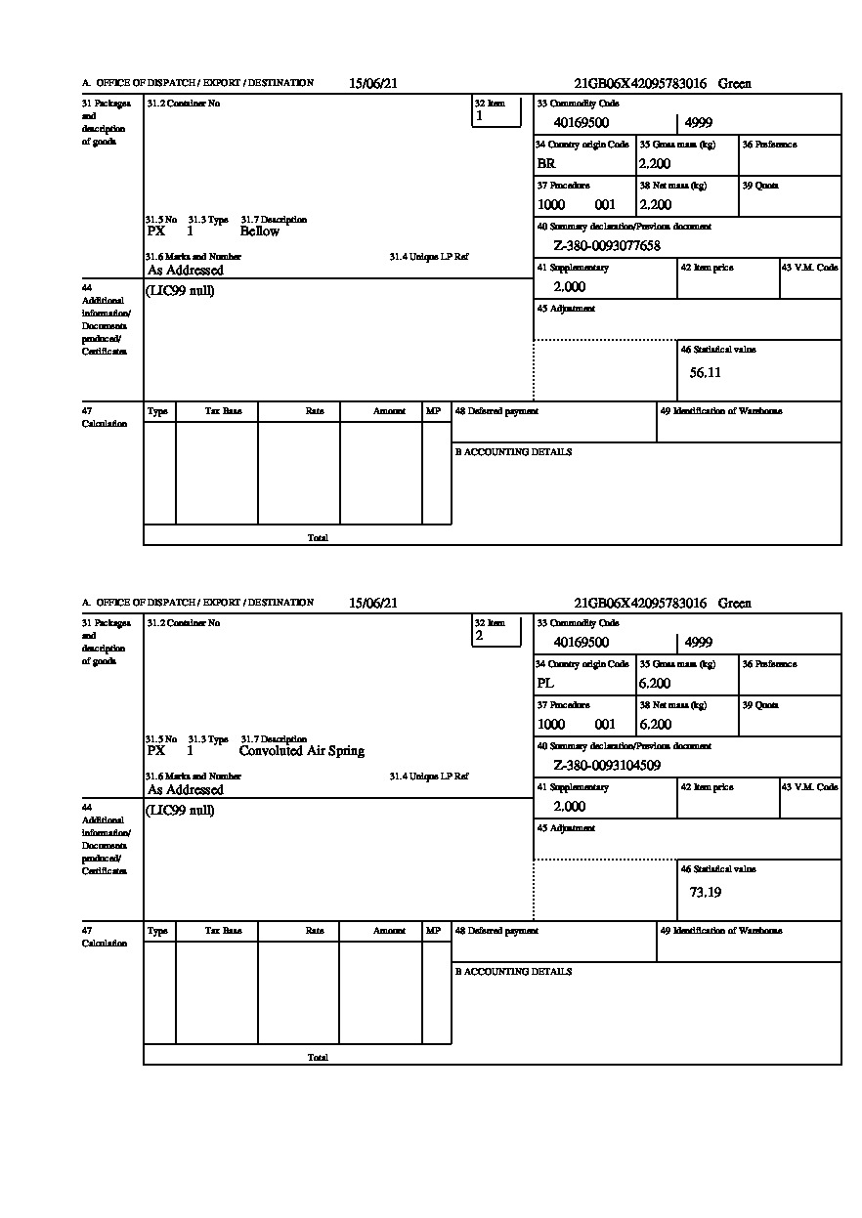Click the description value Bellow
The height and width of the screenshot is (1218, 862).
click(x=259, y=231)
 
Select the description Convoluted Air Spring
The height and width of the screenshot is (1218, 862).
click(x=301, y=751)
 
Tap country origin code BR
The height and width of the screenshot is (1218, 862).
click(x=546, y=164)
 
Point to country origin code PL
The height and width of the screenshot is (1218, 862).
click(x=545, y=684)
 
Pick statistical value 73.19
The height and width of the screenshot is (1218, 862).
click(x=705, y=892)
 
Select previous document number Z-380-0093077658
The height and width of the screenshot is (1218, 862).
click(x=607, y=246)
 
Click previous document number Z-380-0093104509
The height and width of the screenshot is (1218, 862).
click(x=607, y=766)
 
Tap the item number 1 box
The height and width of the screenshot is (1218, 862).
click(x=496, y=115)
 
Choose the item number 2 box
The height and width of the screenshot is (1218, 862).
click(x=496, y=635)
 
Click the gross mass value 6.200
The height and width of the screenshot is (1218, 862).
click(x=655, y=684)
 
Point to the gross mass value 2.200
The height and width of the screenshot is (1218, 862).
click(x=655, y=164)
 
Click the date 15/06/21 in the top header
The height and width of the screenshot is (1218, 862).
click(x=373, y=84)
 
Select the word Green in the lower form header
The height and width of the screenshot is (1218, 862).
click(x=735, y=604)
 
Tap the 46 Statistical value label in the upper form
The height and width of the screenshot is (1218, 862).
click(x=718, y=350)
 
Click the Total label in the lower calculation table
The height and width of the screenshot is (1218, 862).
click(x=318, y=1058)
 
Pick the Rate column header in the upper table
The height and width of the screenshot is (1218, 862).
click(x=314, y=411)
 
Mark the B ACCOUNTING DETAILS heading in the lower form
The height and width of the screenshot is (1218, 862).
click(x=513, y=972)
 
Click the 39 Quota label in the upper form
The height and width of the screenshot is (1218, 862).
click(x=760, y=186)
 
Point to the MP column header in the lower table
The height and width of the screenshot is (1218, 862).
click(x=433, y=931)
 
